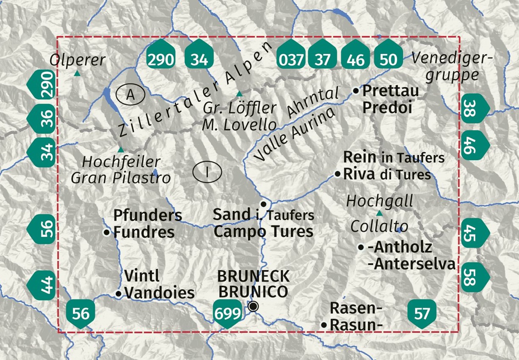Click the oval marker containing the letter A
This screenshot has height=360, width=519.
pyautogui.click(x=130, y=95)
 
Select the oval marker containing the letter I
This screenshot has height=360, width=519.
pyautogui.click(x=207, y=172)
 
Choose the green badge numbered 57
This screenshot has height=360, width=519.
pyautogui.click(x=422, y=313)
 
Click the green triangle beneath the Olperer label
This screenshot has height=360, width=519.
pyautogui.click(x=77, y=73)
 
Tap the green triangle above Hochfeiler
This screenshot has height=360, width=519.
pyautogui.click(x=121, y=150)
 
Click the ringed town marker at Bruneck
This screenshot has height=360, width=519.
pyautogui.click(x=253, y=307)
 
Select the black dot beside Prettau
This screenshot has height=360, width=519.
pyautogui.click(x=356, y=91)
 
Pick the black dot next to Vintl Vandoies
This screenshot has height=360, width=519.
pyautogui.click(x=119, y=294)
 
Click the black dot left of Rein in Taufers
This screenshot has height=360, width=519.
pyautogui.click(x=337, y=174)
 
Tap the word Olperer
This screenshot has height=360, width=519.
pyautogui.click(x=77, y=60)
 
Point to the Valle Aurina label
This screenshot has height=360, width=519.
pyautogui.click(x=295, y=133)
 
